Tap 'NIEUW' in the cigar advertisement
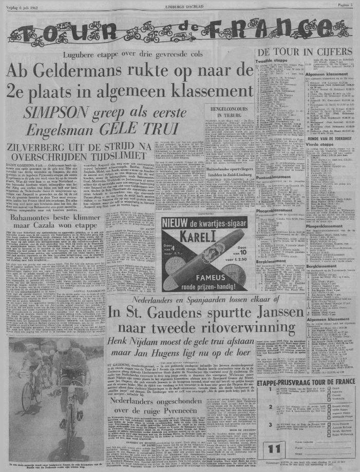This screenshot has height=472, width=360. pos(178,223)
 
